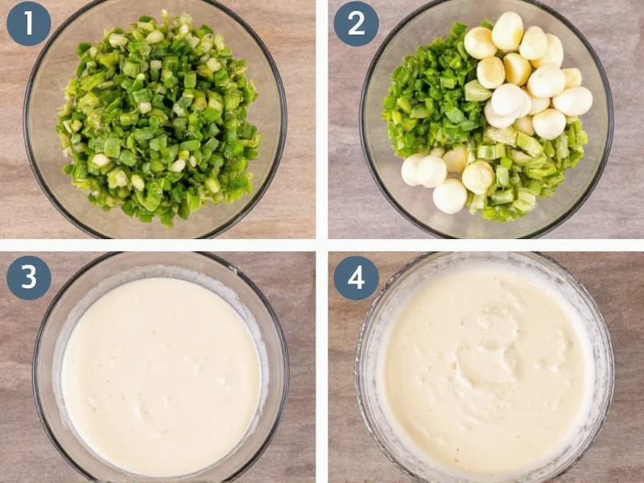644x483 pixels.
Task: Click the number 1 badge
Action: coord(29,24)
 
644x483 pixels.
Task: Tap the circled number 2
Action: coord(356,24)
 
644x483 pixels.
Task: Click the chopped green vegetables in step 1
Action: coord(157,121)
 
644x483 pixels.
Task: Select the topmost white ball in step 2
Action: coord(507,31)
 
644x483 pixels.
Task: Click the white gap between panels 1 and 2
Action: coord(322,121)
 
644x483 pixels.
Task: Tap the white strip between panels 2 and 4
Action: coord(483,245)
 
